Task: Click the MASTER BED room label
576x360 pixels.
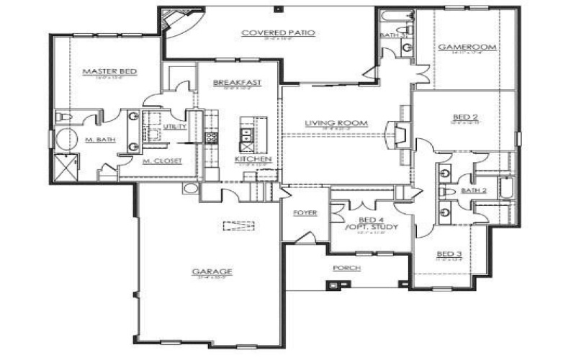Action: (110, 71)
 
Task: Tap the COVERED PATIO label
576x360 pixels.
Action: (271, 32)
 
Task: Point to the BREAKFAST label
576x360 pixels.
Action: (237, 83)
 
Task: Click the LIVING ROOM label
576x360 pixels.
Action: (336, 123)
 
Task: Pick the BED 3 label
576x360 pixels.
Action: (449, 253)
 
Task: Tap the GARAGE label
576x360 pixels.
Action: (207, 271)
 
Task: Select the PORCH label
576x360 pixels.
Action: (346, 267)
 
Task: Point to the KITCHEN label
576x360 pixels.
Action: (253, 158)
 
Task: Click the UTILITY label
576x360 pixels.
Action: (175, 127)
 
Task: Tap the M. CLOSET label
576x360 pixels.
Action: (162, 161)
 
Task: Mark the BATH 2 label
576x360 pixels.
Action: (474, 191)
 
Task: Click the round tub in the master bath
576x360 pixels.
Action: (67, 139)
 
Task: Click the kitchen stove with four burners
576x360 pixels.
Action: (212, 137)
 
